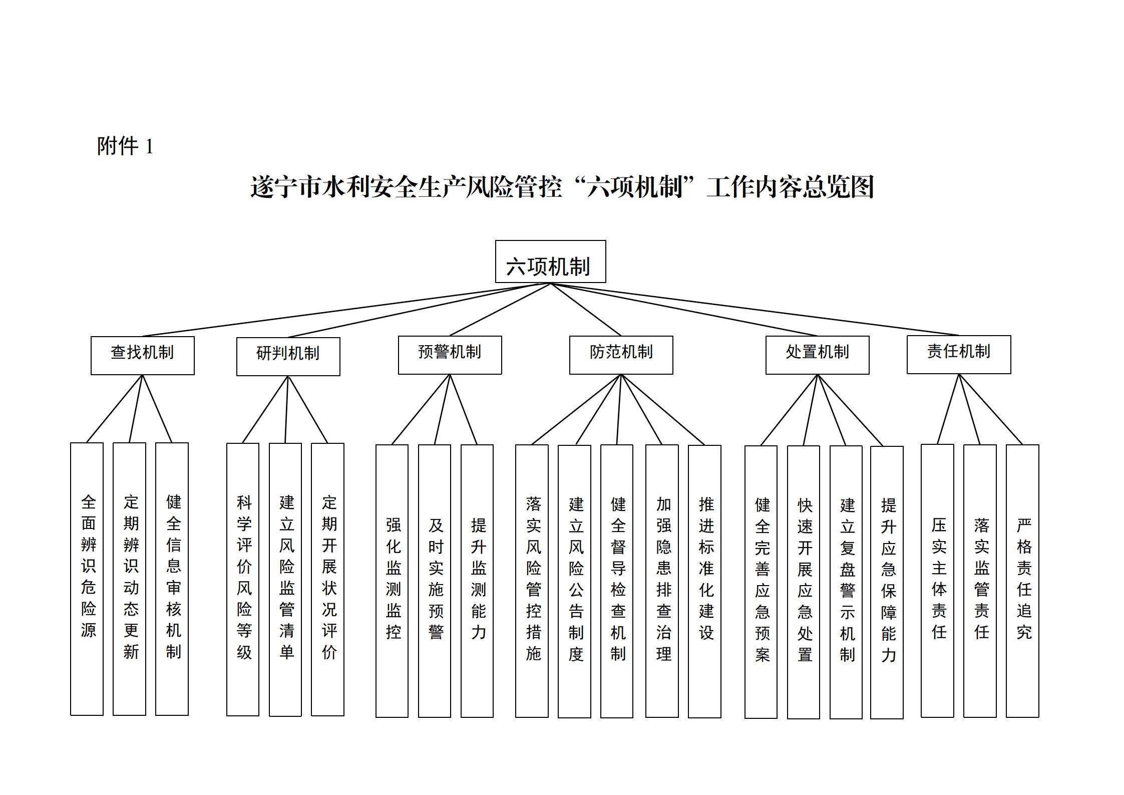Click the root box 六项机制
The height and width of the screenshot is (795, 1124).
(550, 261)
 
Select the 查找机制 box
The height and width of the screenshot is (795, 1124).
(142, 355)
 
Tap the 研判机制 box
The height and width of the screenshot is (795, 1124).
(288, 356)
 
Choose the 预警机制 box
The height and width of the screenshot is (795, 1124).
(450, 355)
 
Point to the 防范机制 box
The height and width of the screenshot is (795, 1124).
(621, 355)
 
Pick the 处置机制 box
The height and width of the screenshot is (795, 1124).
(817, 355)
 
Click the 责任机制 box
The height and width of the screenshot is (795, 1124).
(958, 354)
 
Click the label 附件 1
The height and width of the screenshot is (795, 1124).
(125, 146)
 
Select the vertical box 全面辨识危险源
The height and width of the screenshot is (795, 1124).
(87, 579)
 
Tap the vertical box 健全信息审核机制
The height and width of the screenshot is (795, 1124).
(172, 579)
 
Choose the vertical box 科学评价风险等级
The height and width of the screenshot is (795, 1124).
(243, 579)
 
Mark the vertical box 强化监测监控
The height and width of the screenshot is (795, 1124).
(392, 581)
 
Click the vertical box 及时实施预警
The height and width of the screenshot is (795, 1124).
(435, 581)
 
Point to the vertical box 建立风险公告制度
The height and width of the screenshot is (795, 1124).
(574, 581)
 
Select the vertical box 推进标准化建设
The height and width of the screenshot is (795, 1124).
(704, 581)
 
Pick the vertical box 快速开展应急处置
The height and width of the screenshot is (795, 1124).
(804, 582)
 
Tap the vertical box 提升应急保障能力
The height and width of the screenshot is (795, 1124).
(887, 582)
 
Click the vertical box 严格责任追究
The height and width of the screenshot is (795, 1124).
(1022, 581)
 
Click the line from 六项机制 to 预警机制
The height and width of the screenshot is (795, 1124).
(500, 310)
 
